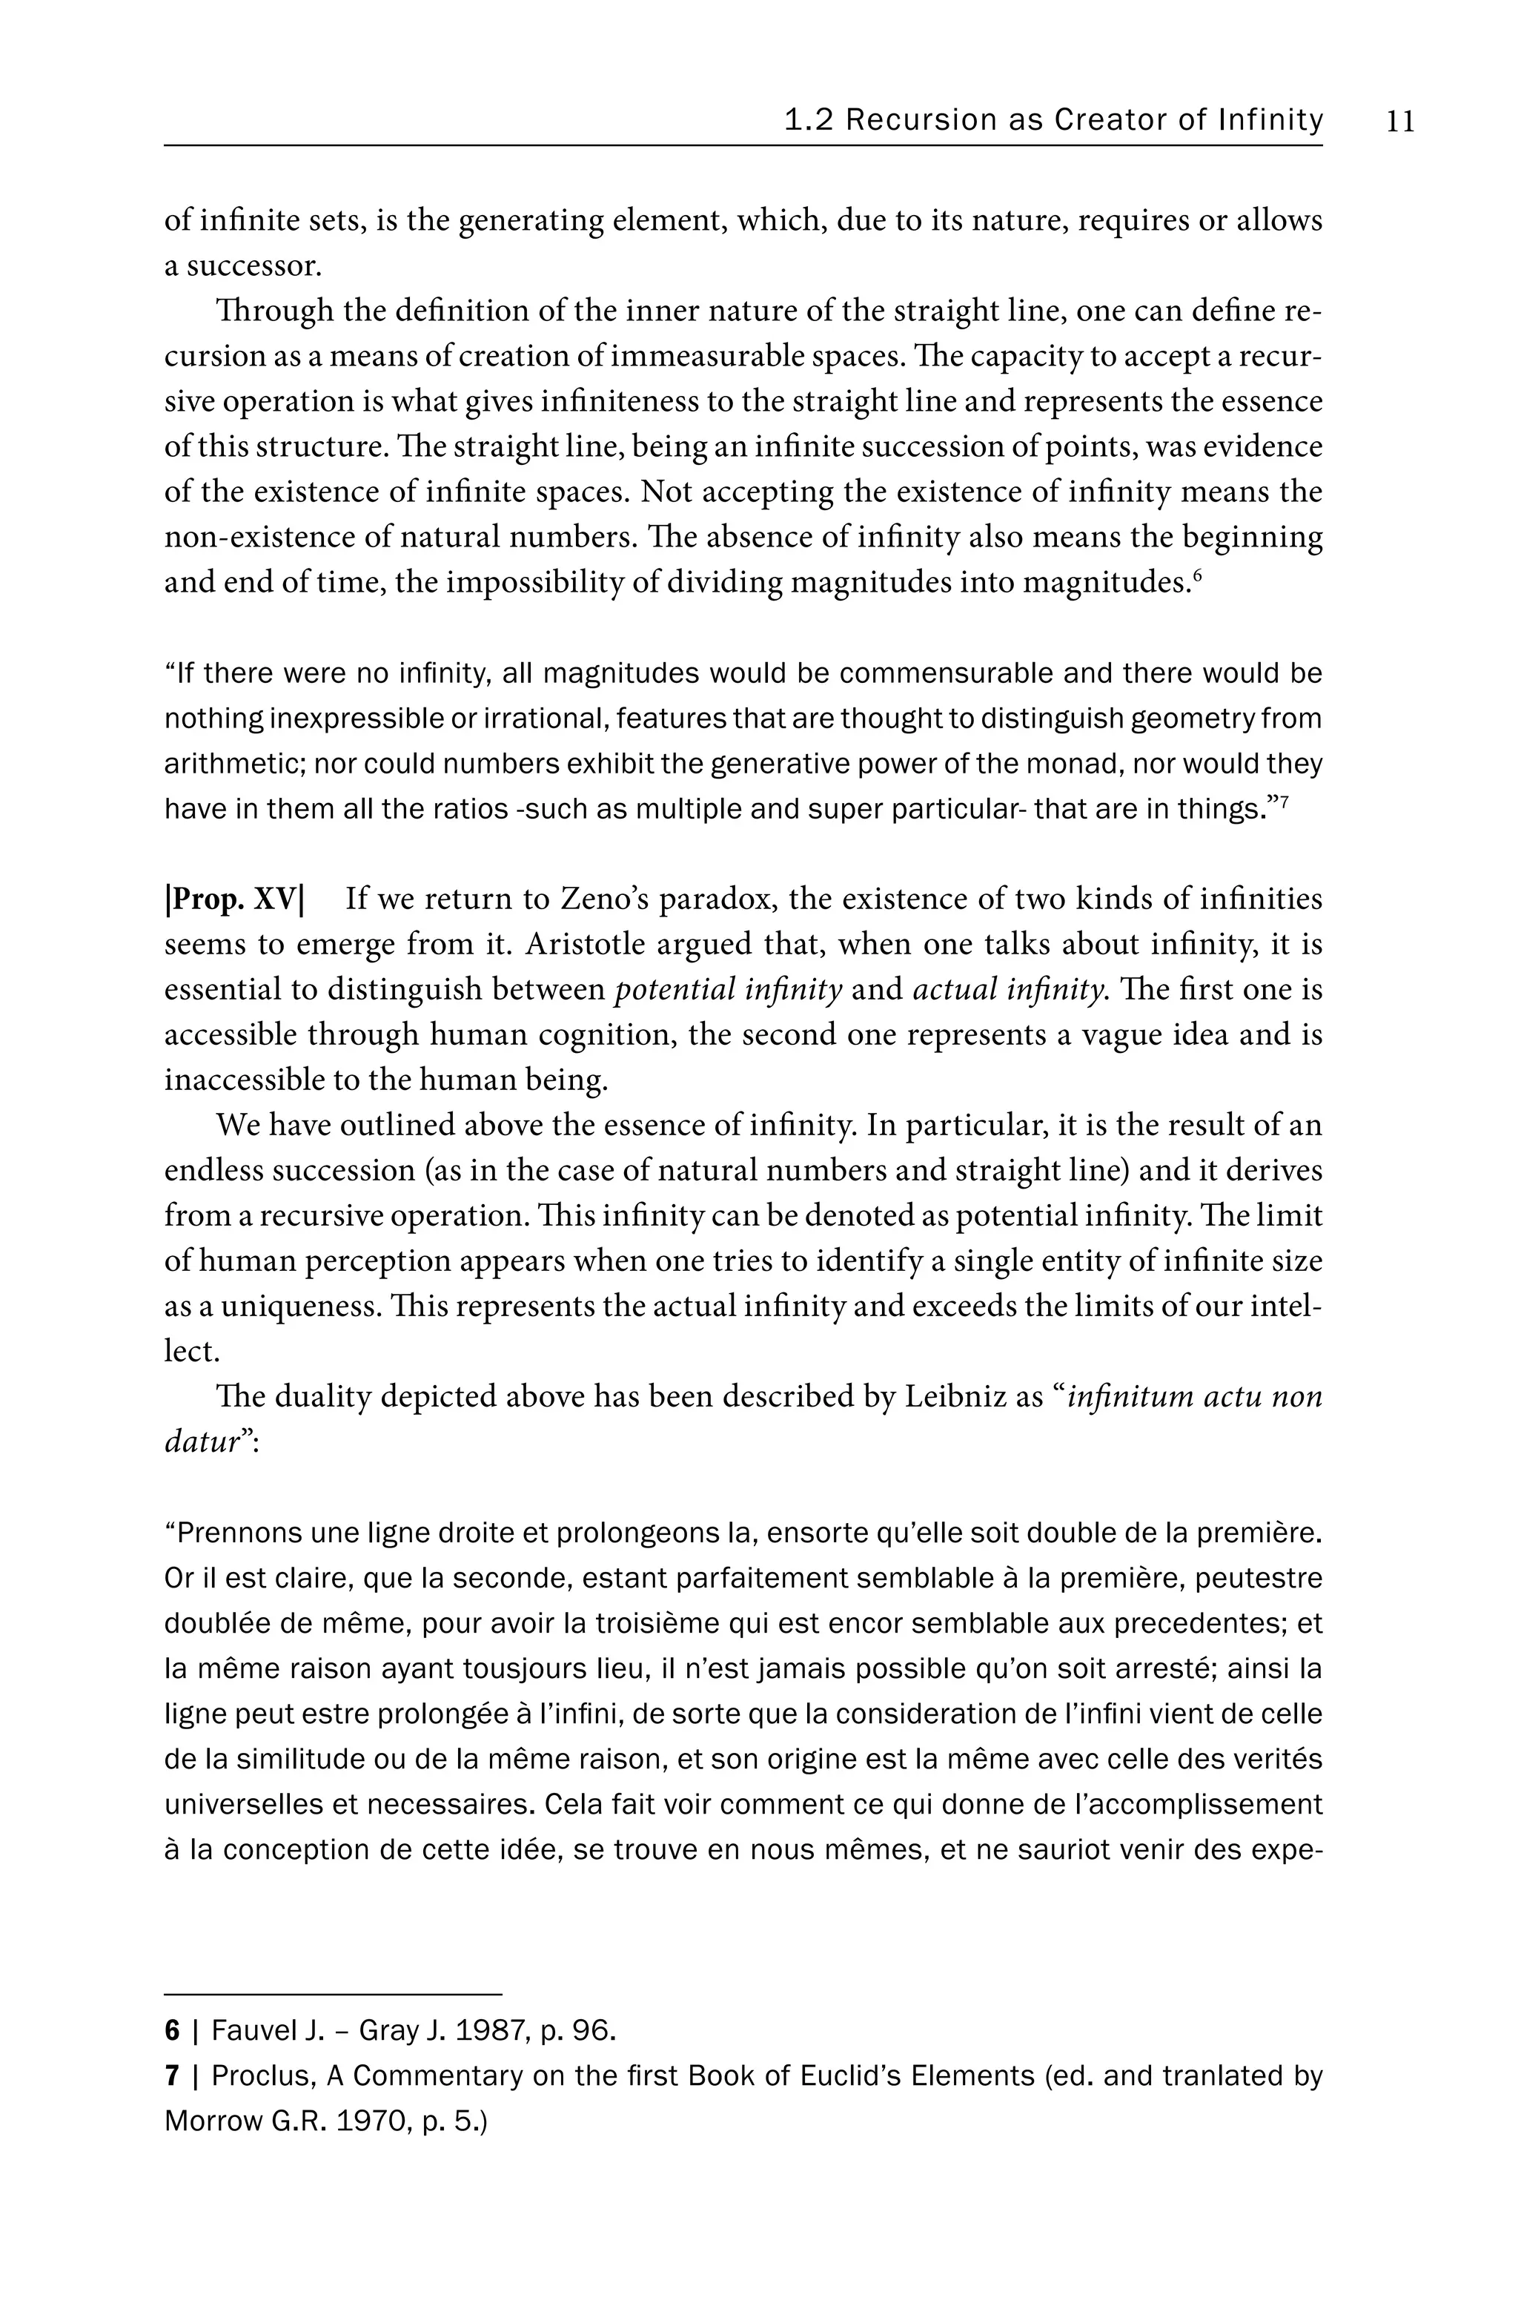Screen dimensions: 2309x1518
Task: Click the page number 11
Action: (1401, 122)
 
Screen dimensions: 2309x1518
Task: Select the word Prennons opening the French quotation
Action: (233, 1534)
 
